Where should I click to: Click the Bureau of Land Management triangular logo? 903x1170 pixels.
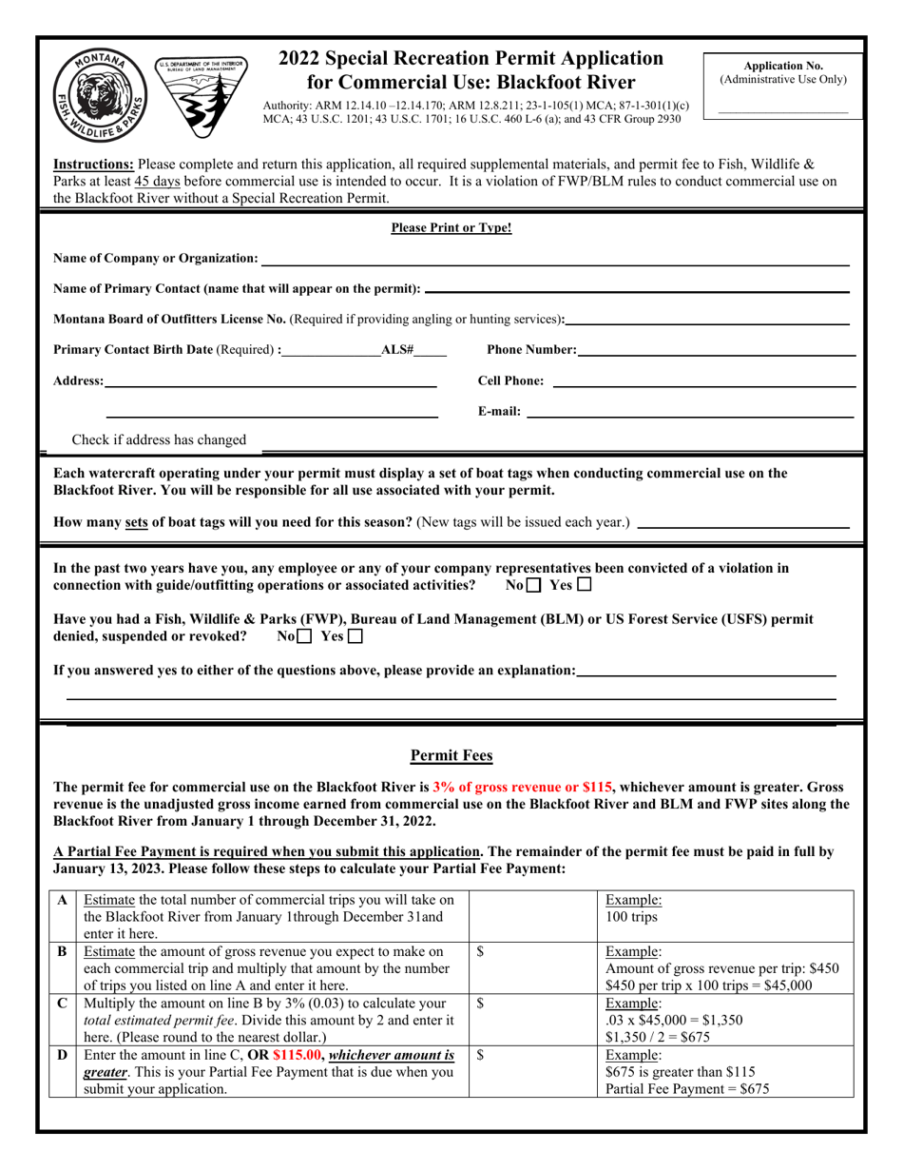coord(201,93)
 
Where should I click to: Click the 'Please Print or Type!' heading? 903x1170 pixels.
coord(451,228)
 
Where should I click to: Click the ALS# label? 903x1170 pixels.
coord(396,350)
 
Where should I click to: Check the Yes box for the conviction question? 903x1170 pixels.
coord(584,585)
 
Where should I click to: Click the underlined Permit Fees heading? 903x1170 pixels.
coord(451,756)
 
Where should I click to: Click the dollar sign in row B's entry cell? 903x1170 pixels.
coord(481,951)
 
